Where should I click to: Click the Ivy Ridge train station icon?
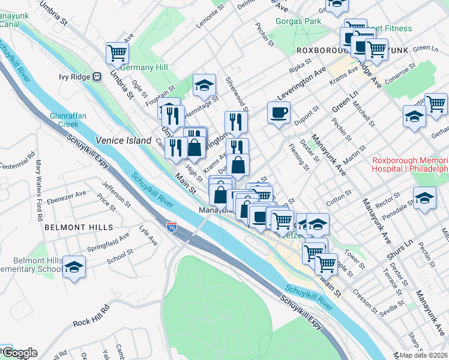[96, 77]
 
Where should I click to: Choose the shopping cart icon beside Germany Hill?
[117, 53]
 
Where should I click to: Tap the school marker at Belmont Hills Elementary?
[74, 267]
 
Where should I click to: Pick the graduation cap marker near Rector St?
[424, 198]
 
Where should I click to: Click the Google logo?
[19, 353]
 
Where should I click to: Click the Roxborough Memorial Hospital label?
[410, 164]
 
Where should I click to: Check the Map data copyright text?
[422, 355]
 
